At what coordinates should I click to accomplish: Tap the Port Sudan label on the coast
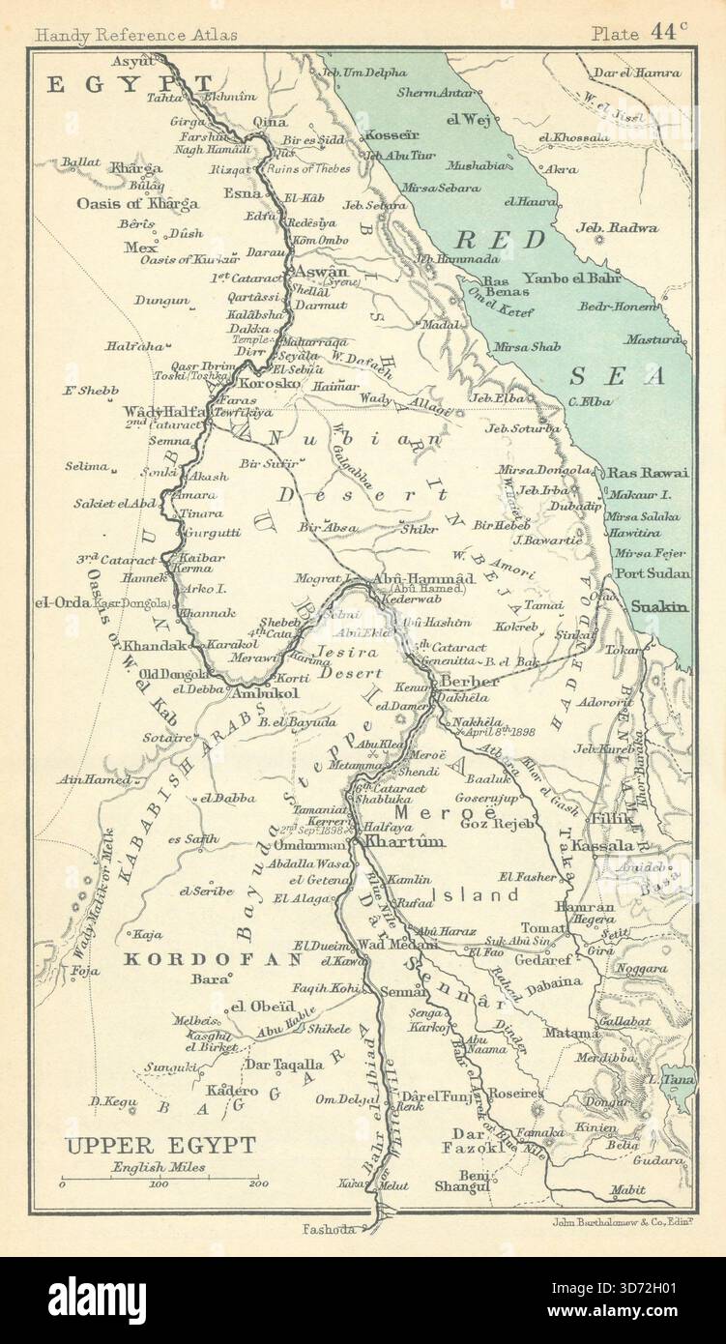click(653, 573)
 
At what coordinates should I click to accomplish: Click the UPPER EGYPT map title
click(160, 1146)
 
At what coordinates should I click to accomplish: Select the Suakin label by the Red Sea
click(659, 608)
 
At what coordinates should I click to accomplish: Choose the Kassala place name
click(601, 846)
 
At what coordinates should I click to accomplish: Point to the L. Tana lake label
click(668, 1078)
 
